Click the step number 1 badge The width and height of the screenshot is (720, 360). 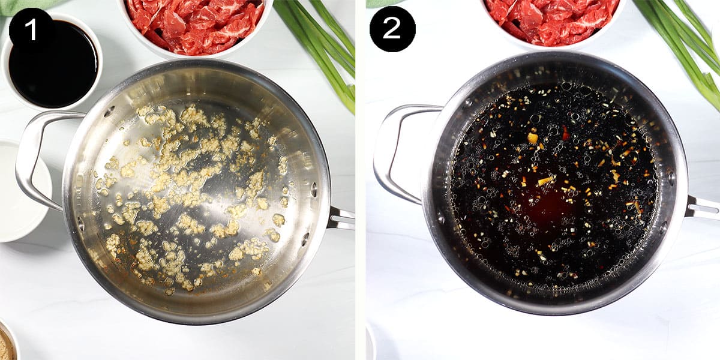(31, 29)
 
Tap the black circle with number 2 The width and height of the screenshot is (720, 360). (392, 29)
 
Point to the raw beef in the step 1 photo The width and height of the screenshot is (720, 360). (192, 24)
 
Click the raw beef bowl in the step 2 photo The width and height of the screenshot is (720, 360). (552, 21)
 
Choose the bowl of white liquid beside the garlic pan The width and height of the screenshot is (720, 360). (21, 192)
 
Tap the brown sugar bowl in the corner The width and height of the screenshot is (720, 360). (6, 345)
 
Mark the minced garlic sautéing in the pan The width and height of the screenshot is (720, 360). (192, 192)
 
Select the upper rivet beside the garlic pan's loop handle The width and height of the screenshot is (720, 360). (109, 112)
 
